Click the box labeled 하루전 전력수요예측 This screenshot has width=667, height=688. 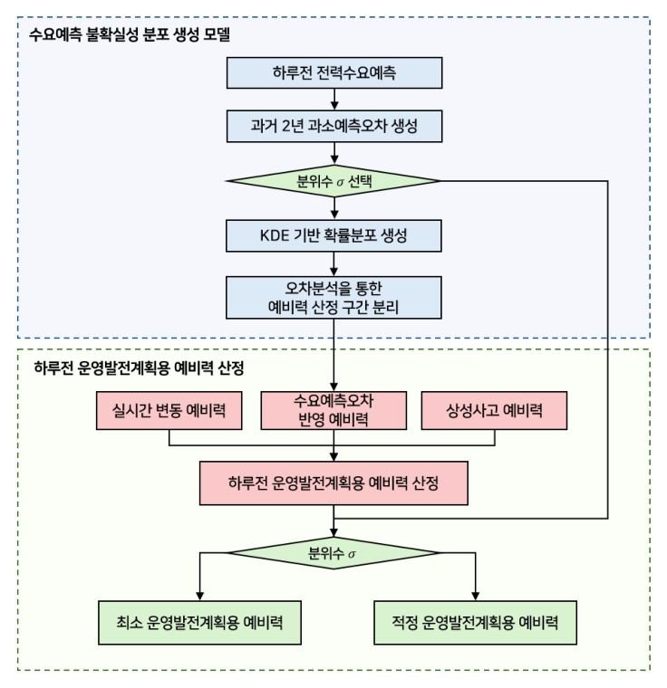335,72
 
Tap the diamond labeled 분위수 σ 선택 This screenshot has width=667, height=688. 335,179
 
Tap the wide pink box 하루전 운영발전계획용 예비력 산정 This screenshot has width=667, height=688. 335,483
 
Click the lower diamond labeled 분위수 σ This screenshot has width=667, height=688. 335,552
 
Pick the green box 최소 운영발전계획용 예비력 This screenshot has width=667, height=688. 198,623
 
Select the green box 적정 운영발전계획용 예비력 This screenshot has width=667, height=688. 474,623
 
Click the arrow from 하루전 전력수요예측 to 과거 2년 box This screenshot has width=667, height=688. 335,98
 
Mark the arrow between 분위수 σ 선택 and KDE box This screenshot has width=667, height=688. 335,206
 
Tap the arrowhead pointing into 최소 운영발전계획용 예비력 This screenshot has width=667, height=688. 198,595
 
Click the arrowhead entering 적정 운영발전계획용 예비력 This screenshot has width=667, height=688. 474,595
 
